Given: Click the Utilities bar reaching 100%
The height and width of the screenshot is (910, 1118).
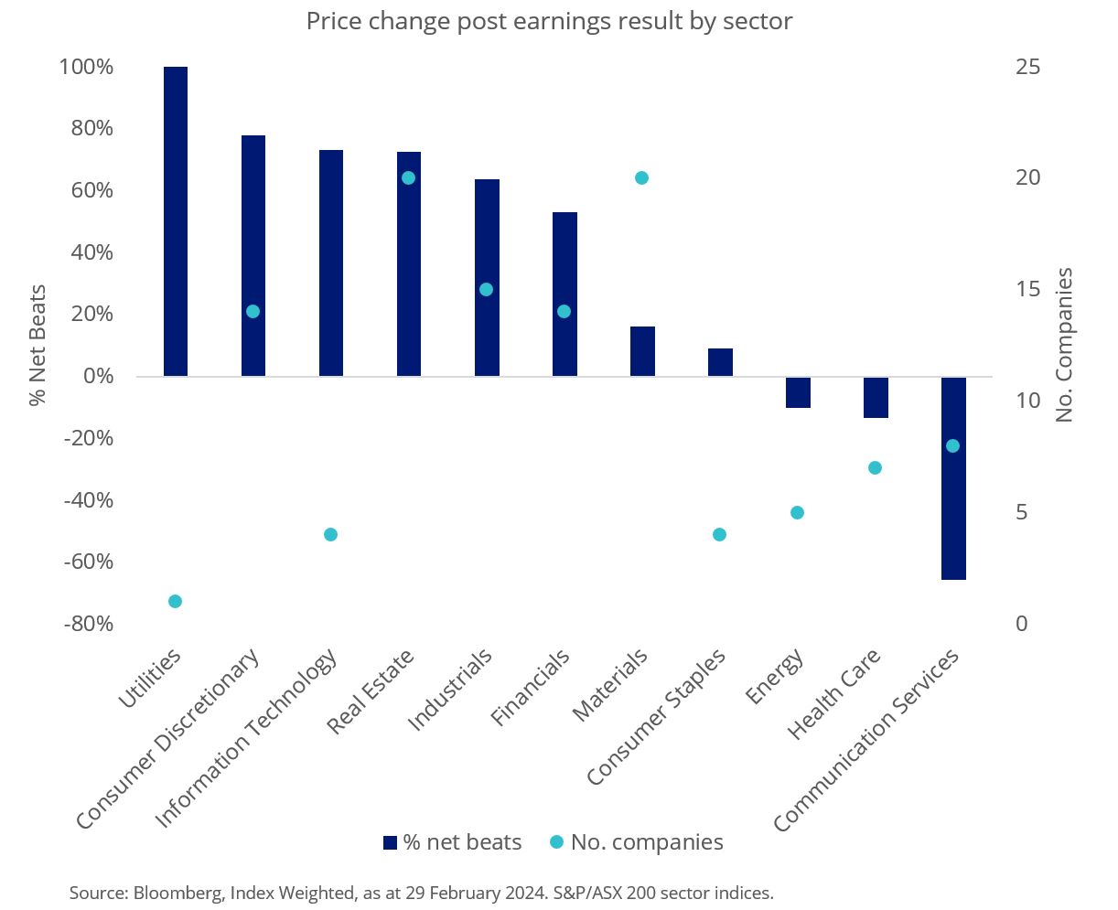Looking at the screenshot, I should tap(175, 221).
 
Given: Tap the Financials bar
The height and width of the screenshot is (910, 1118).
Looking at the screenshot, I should tap(564, 294).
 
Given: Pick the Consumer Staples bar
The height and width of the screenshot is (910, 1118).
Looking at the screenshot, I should tap(720, 362).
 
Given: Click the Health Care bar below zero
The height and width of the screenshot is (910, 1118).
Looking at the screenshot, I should tap(876, 397).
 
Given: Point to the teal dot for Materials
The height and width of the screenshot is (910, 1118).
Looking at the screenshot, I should tap(641, 177).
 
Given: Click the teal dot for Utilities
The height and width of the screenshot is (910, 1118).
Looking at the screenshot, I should tap(175, 601).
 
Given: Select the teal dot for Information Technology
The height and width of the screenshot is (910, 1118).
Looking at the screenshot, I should tap(331, 534).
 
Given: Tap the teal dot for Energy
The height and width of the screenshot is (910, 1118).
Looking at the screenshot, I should tap(797, 512).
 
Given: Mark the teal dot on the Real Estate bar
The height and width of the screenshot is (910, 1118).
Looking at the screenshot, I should tap(409, 177).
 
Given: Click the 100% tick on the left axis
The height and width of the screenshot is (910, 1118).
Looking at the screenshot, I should tap(86, 67).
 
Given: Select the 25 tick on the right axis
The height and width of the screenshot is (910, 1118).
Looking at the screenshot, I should tap(1029, 67).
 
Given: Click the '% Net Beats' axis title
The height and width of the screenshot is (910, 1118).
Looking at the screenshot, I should tap(38, 345).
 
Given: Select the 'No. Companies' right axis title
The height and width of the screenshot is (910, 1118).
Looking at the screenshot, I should tap(1063, 345).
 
